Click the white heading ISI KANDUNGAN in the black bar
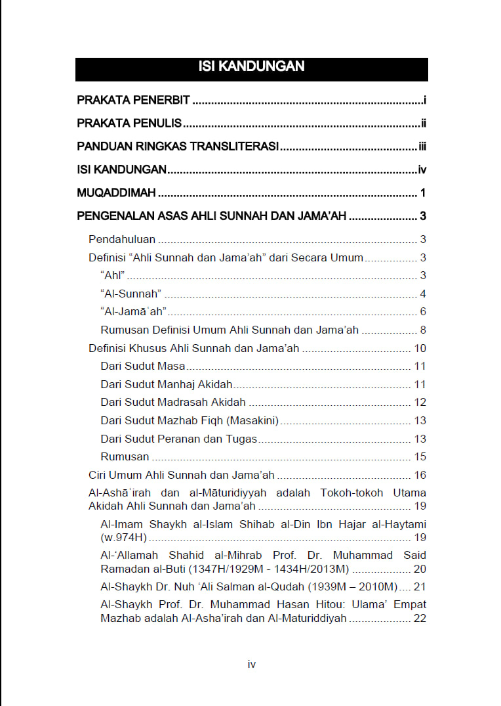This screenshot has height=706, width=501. pos(251,66)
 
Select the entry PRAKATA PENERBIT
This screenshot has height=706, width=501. pos(133,100)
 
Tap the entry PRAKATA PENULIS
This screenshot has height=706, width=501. pos(129,123)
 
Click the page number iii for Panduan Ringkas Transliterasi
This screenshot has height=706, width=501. pos(422,146)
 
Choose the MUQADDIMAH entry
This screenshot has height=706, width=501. pos(116,193)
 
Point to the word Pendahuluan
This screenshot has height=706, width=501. pos(122,240)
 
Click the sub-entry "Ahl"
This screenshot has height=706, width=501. pos(113,276)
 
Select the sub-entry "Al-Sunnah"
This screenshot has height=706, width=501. pos(131,294)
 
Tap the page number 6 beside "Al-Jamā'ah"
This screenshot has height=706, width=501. pos(423,312)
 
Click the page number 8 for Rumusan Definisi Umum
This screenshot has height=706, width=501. pos(423,330)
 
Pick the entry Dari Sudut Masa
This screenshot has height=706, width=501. pos(143,366)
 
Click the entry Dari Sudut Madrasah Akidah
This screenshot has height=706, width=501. pos(173,403)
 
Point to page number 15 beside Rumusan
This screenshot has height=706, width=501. pos(420,457)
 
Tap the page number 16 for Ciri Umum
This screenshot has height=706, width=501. pos(420,475)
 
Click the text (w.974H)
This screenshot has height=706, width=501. pos(123,538)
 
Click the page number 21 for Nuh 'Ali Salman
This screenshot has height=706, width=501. pos(420,586)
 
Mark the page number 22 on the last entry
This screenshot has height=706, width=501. pos(420,619)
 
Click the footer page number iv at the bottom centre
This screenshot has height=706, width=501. pos(251,665)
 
